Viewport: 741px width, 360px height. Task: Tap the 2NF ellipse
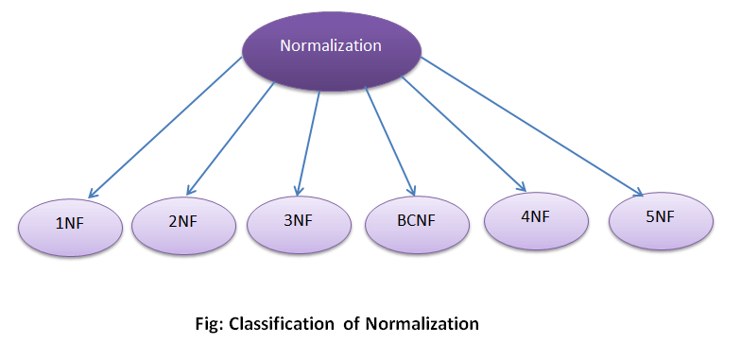(181, 224)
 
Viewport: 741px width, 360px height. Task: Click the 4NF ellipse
(535, 217)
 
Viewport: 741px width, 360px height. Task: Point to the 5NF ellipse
(660, 217)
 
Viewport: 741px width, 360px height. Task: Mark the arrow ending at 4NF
(463, 132)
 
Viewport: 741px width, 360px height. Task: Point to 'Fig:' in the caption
(207, 324)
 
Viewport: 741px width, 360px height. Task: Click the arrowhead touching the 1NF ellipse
(97, 193)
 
